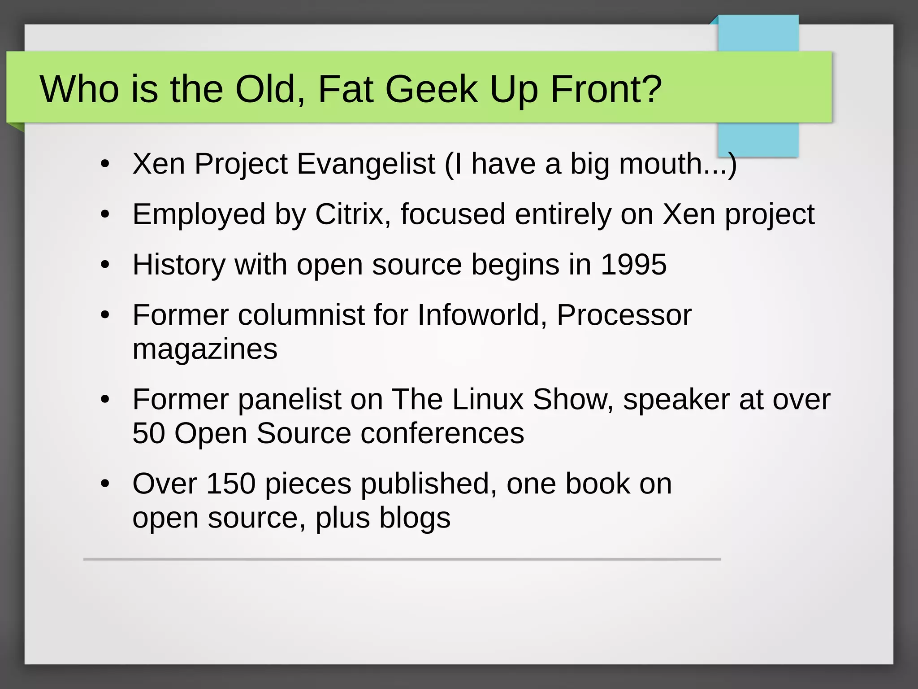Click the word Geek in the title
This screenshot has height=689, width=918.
click(431, 89)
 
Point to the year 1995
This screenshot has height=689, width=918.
click(633, 264)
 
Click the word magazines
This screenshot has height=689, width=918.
click(205, 349)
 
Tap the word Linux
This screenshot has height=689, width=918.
click(488, 399)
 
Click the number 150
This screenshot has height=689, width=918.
click(231, 484)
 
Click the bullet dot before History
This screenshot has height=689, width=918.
click(105, 265)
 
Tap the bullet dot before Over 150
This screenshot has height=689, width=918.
click(105, 484)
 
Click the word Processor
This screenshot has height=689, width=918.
click(624, 315)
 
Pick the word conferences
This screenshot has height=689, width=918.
click(442, 433)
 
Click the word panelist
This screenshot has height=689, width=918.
click(290, 399)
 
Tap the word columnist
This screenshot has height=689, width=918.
click(301, 315)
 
